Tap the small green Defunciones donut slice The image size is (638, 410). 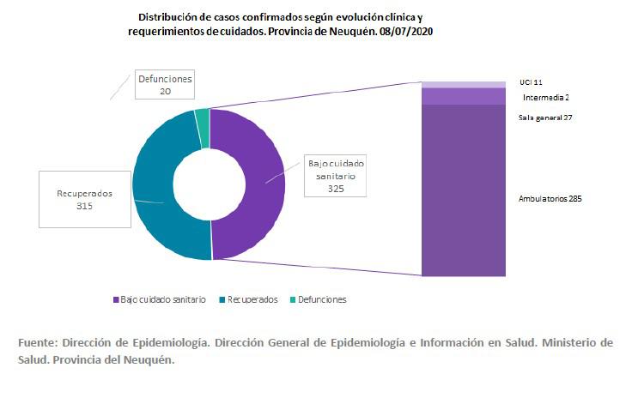202,116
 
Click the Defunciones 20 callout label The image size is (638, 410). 165,84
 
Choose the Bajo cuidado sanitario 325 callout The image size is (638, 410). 335,177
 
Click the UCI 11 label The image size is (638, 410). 531,82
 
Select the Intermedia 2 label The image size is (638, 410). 545,98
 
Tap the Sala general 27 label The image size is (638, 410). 545,117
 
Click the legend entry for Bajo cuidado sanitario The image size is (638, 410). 160,299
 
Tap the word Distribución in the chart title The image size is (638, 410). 163,16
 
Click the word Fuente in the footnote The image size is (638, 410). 37,341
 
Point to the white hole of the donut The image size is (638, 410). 206,183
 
